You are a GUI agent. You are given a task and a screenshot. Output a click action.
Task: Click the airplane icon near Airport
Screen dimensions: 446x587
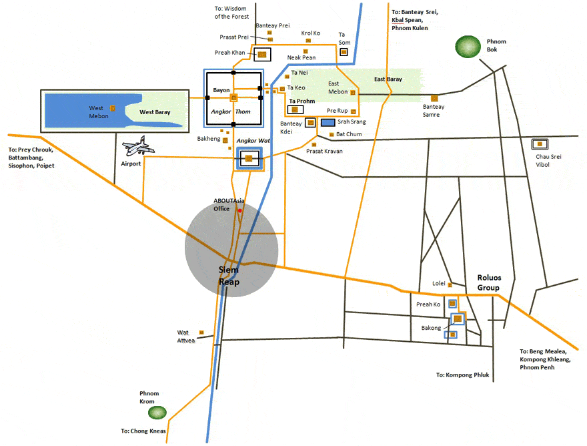pos(138,145)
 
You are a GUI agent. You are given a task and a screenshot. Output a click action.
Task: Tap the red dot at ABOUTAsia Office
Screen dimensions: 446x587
pos(239,211)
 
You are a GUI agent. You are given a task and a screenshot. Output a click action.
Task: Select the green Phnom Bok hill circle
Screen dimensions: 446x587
pos(468,46)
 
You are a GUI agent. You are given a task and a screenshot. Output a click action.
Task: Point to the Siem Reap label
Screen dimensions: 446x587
pos(229,276)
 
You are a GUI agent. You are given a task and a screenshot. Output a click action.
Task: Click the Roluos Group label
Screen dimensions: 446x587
pos(488,283)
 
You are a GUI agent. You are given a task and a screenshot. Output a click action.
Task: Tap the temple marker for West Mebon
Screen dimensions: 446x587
pos(113,108)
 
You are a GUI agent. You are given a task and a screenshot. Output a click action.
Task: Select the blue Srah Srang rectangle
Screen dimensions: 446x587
pos(328,123)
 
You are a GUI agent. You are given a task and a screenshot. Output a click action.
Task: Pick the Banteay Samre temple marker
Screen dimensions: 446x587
pos(434,97)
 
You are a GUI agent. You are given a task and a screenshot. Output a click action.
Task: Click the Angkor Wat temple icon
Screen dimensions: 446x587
pos(248,158)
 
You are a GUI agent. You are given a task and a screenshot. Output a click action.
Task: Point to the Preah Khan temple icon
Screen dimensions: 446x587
pos(262,54)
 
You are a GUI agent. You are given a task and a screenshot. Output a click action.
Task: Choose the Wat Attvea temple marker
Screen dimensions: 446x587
pos(201,332)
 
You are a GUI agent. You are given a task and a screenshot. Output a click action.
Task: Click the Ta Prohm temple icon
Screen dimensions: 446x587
pos(294,109)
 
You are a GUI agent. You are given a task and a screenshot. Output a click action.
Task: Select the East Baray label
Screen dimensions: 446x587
pos(388,79)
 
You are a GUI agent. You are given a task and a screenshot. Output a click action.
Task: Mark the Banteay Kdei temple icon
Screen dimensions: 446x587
pos(310,122)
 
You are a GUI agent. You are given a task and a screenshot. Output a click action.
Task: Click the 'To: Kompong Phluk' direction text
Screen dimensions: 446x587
pos(463,375)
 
